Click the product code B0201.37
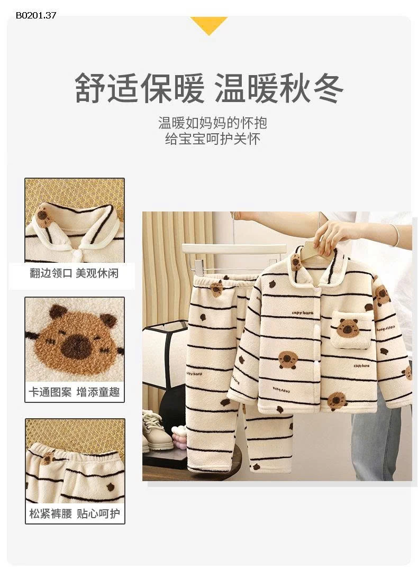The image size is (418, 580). pos(36,15)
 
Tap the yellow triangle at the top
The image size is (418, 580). pos(209,24)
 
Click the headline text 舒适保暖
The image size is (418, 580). pos(139,88)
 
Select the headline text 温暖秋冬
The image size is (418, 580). pos(279,88)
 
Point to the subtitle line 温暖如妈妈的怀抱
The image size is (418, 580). pos(213,123)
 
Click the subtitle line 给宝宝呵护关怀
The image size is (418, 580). pos(213,139)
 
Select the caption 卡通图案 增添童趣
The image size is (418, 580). pos(75,392)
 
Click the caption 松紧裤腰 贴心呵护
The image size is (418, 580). pos(75,513)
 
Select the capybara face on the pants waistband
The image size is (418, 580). pos(216,289)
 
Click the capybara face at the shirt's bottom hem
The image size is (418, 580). pos(337,401)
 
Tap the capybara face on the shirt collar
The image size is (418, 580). pos(297,261)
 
